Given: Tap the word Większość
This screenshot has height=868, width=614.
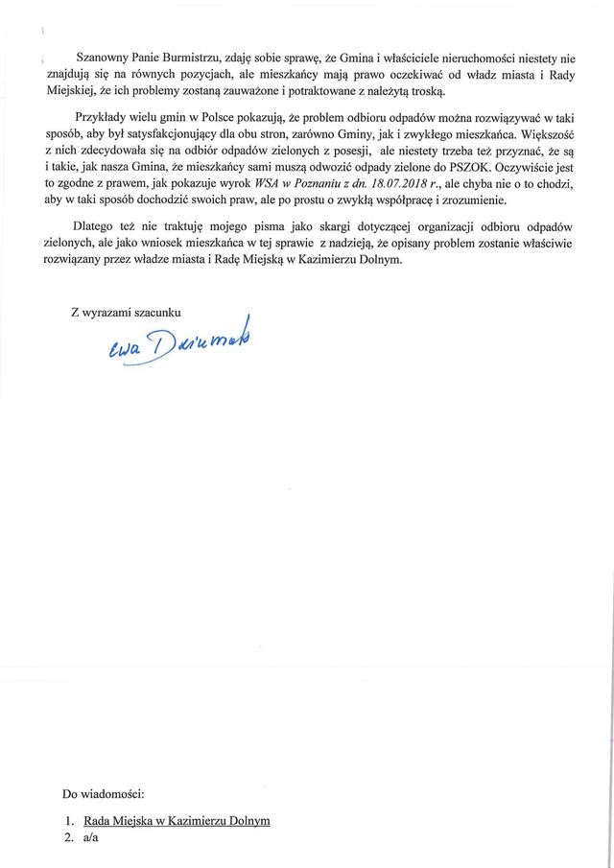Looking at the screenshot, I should pyautogui.click(x=548, y=134).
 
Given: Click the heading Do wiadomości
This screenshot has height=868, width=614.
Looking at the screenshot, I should pyautogui.click(x=104, y=795).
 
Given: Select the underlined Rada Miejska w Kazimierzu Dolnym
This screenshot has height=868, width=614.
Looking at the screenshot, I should pyautogui.click(x=177, y=821).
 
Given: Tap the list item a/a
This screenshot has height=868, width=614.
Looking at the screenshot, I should pyautogui.click(x=91, y=837).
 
